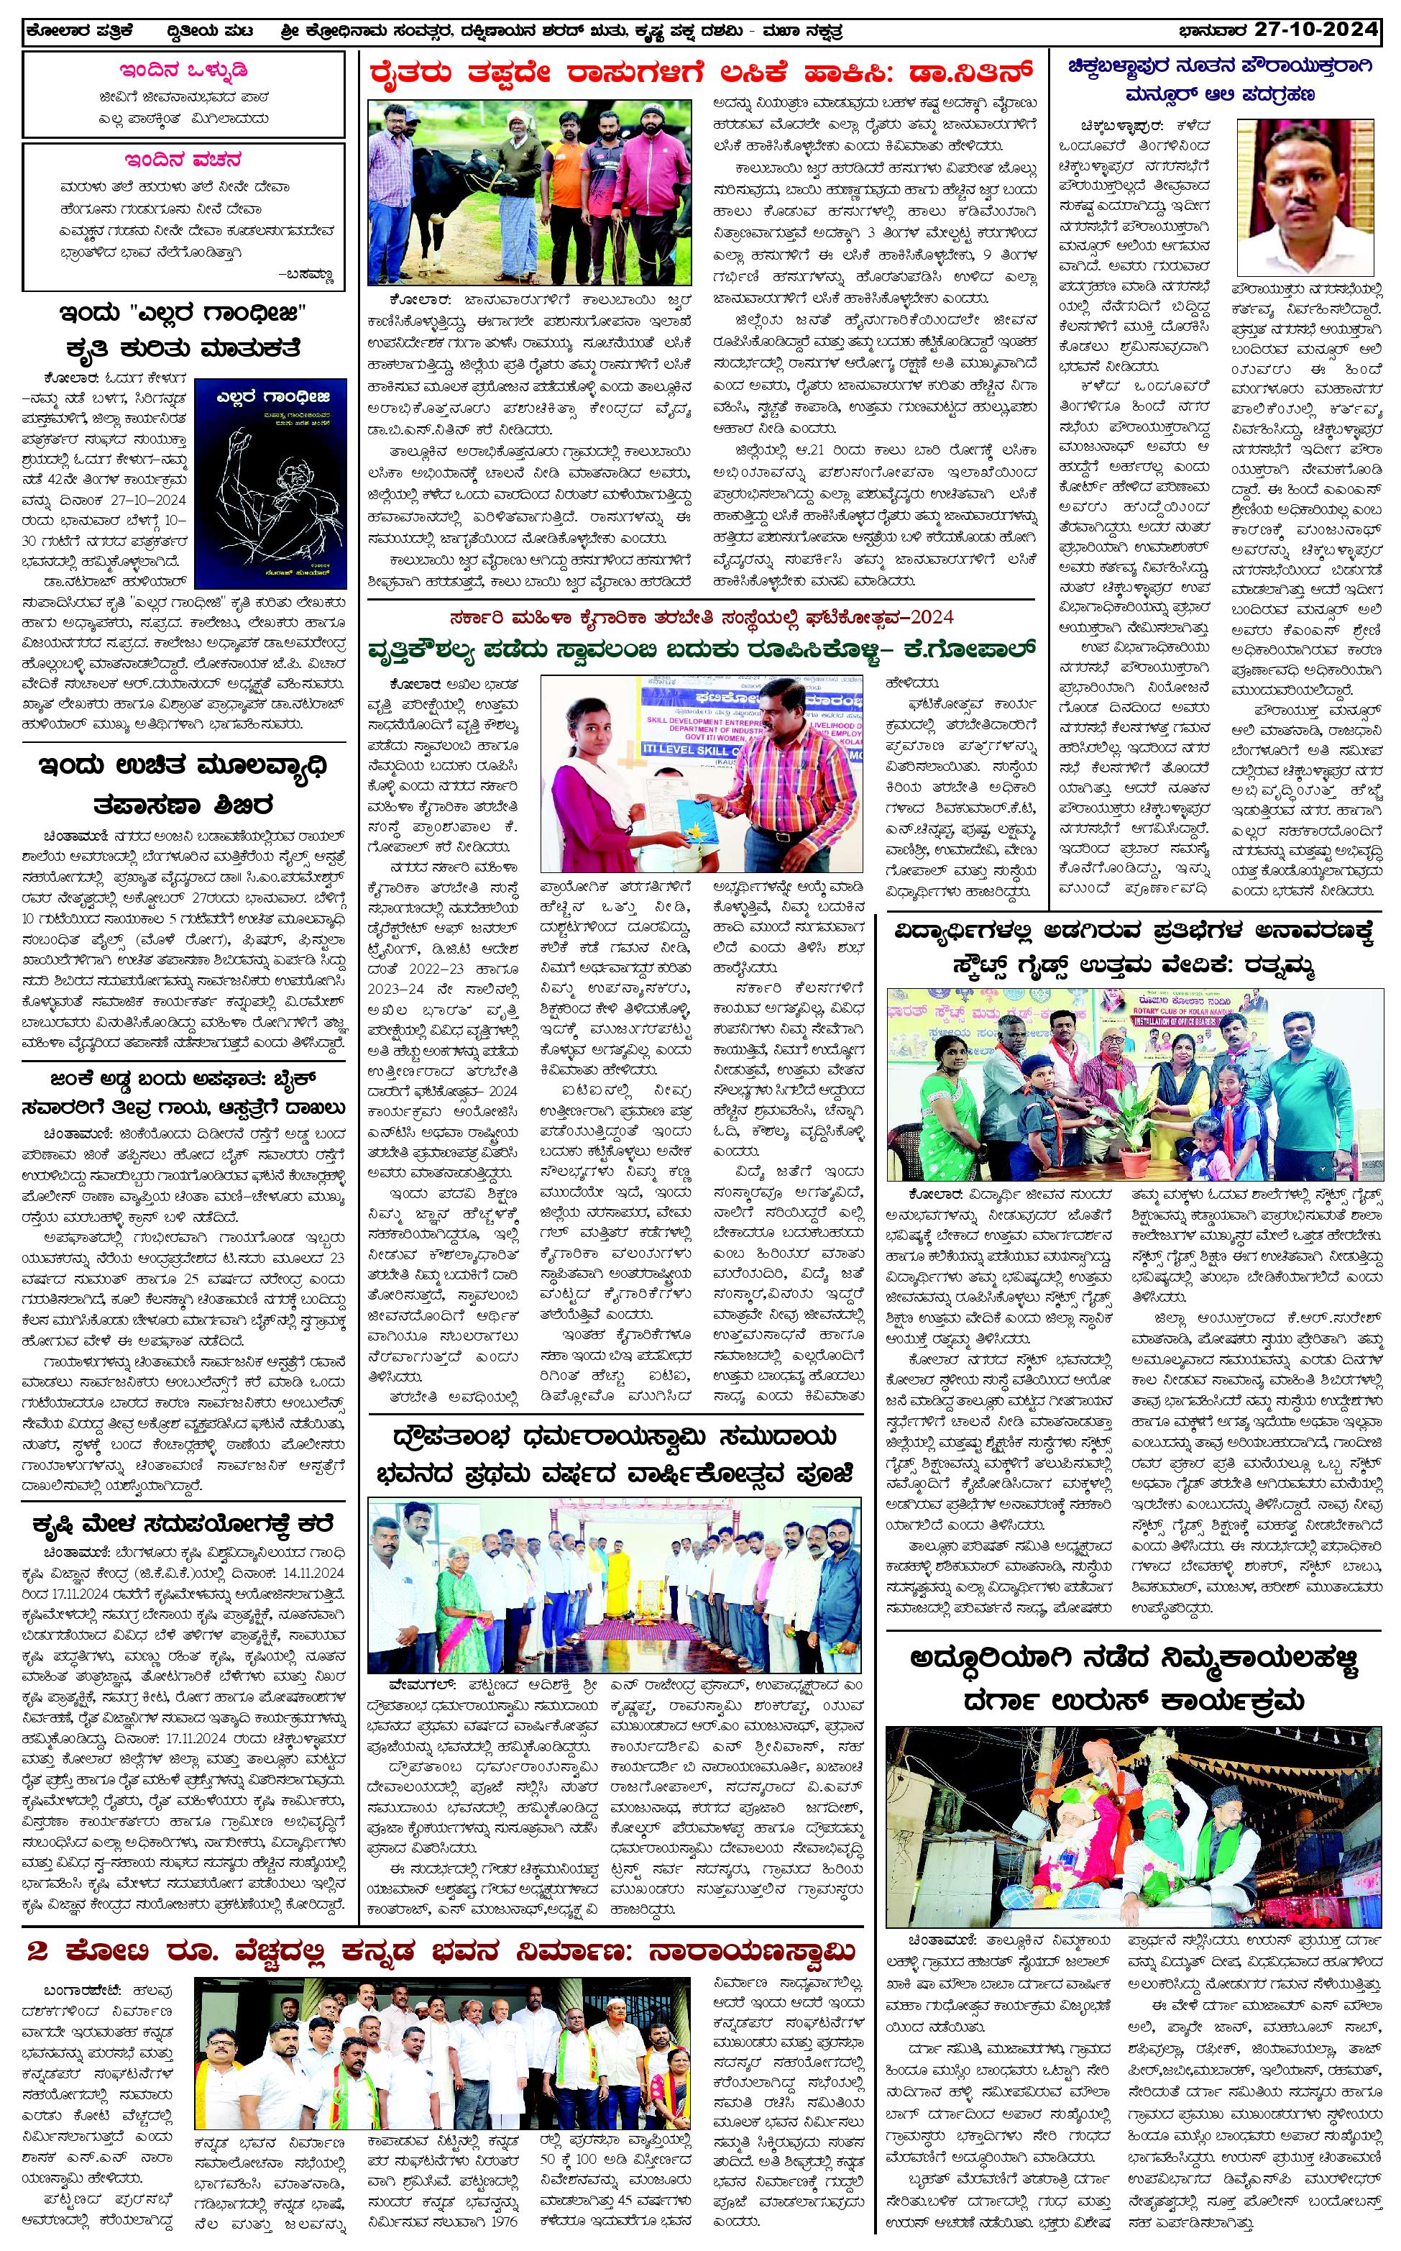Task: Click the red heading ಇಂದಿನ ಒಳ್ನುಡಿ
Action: coord(183,70)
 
